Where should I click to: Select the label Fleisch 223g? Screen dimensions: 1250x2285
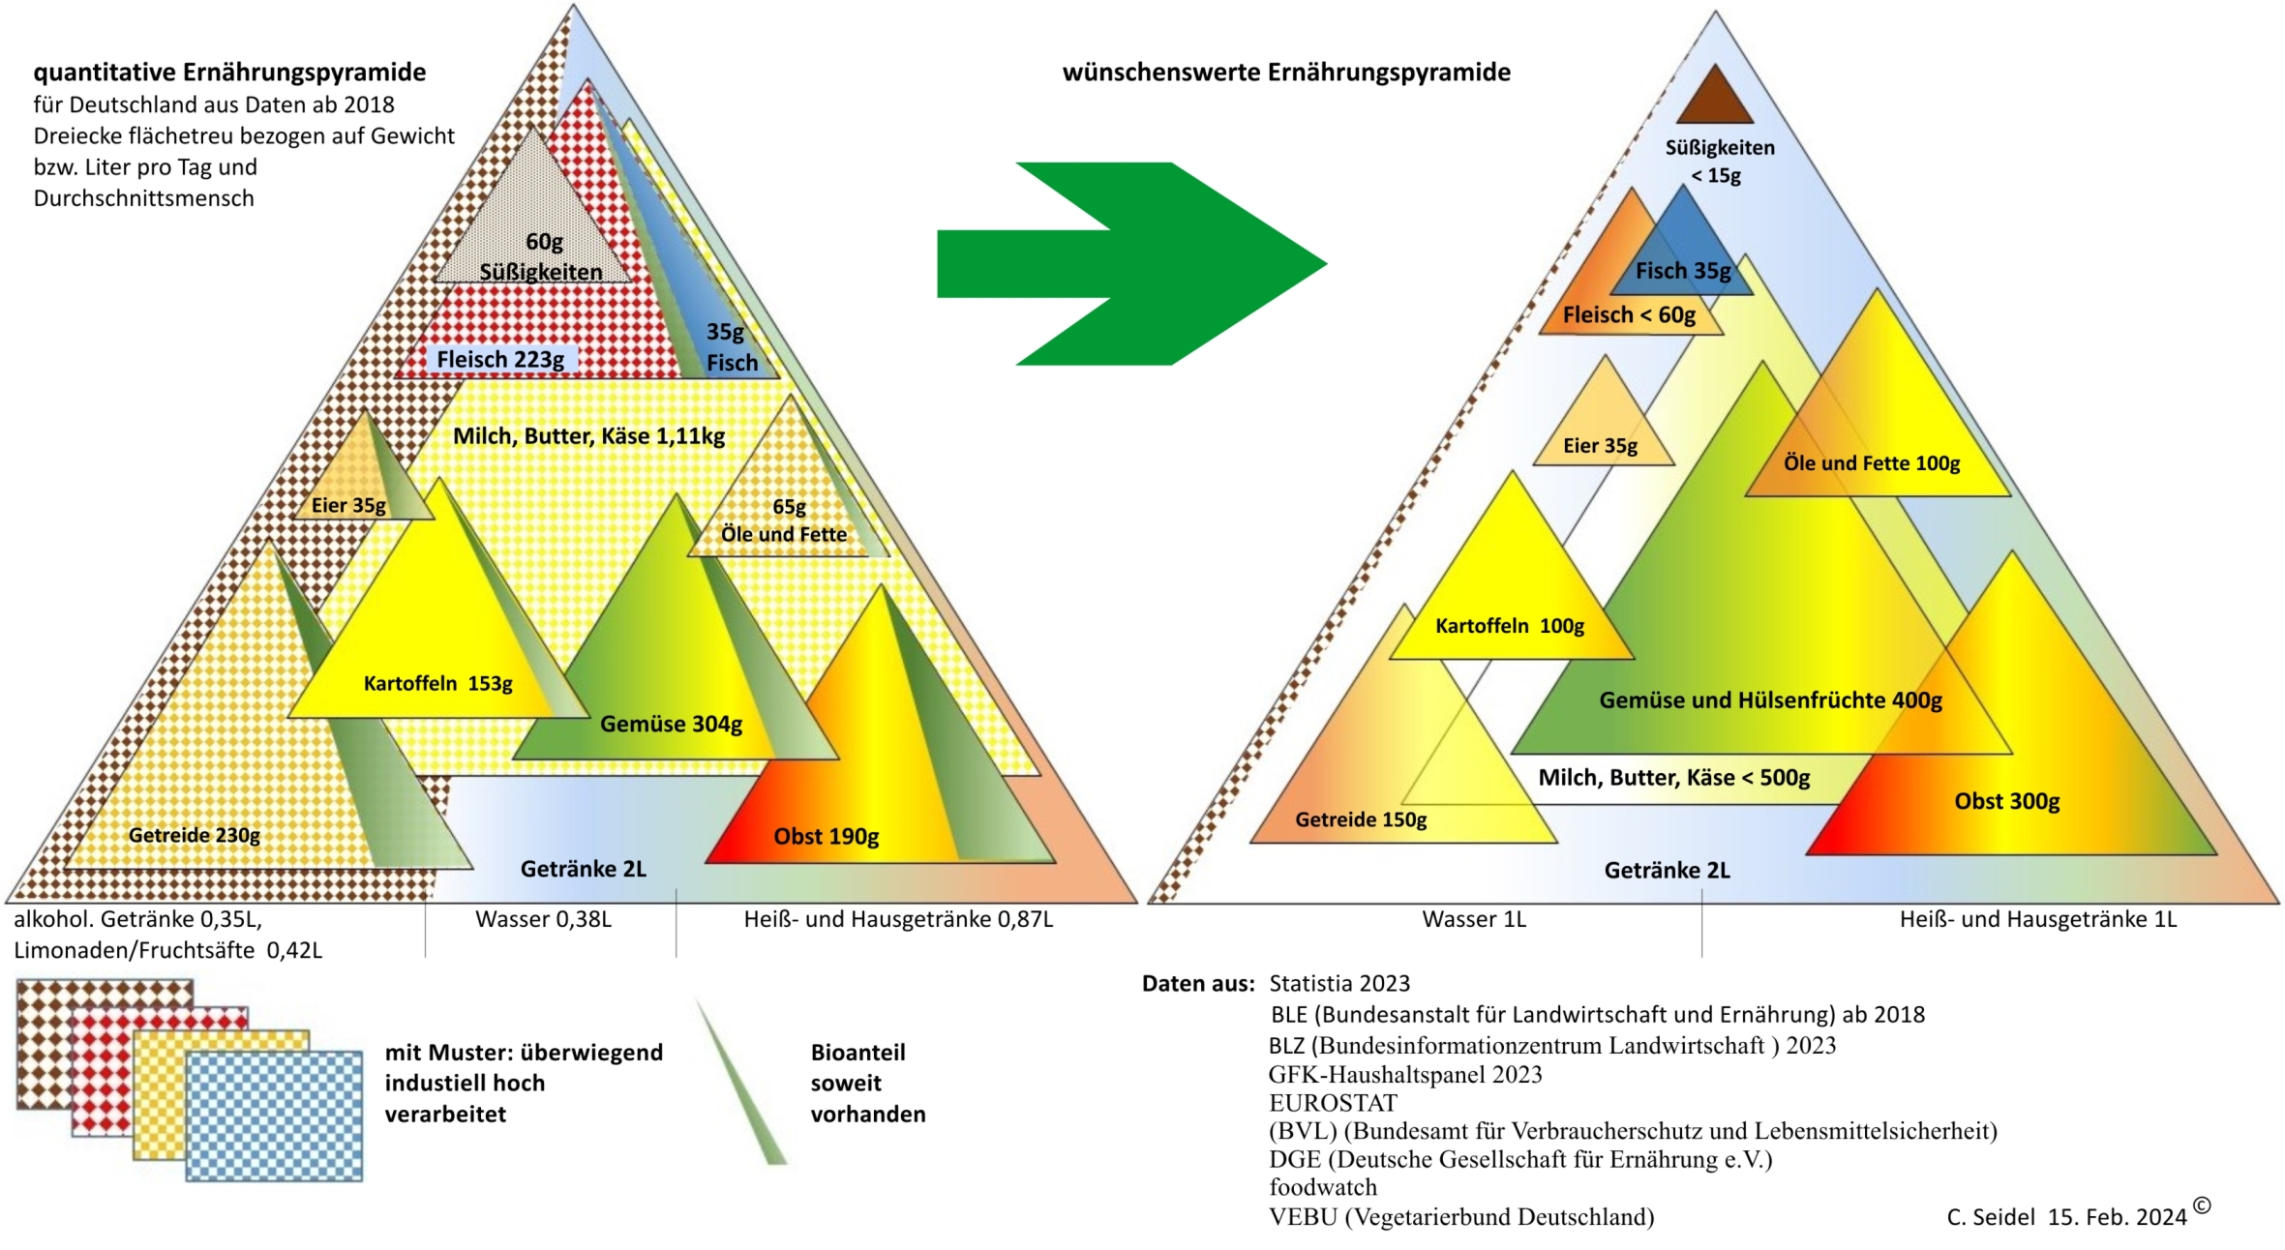click(x=500, y=360)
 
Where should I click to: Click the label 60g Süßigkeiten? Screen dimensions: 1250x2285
click(x=542, y=257)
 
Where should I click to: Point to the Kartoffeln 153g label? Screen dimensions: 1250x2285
click(x=437, y=684)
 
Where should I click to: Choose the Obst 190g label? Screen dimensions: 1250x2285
click(x=826, y=837)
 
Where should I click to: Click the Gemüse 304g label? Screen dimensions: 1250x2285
click(x=671, y=725)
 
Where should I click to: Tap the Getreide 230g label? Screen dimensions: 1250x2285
click(x=194, y=835)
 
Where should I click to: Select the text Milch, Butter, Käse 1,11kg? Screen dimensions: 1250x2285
click(x=588, y=436)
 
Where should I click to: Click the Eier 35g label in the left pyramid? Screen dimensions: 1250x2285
click(x=348, y=505)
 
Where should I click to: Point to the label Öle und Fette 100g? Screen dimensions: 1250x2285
click(x=1872, y=463)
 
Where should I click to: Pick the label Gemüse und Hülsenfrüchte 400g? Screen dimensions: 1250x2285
click(x=1770, y=700)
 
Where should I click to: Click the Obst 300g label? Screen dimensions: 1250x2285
click(x=2006, y=802)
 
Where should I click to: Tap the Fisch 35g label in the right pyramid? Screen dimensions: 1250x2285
click(x=1683, y=272)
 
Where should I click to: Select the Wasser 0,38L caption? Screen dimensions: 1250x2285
click(x=543, y=919)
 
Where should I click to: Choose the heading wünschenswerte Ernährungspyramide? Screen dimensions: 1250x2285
click(x=1286, y=73)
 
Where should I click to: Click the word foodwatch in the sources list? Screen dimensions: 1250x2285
click(x=1323, y=1187)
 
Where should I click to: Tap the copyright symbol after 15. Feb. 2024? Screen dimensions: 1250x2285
click(x=2202, y=1205)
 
